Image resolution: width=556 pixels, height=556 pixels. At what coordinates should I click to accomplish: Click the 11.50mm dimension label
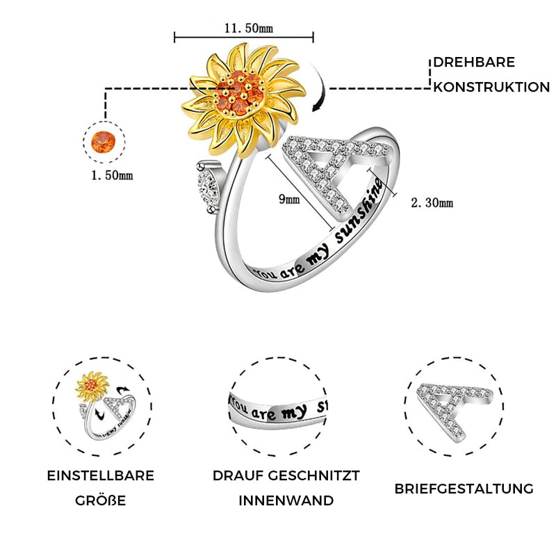click(249, 28)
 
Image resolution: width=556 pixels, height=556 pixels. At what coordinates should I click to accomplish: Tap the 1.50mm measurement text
click(112, 175)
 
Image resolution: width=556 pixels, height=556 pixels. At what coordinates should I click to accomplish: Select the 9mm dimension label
click(289, 199)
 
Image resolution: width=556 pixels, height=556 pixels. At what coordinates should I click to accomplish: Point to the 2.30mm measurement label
click(432, 202)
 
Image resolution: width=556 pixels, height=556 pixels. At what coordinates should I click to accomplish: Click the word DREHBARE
click(474, 63)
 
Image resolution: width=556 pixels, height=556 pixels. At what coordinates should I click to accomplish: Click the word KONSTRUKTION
click(491, 88)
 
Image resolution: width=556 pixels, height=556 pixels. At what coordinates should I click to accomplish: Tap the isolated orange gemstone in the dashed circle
click(103, 142)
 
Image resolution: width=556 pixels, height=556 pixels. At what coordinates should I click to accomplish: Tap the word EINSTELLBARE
click(101, 475)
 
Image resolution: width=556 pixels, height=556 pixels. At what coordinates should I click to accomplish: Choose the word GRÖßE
click(101, 500)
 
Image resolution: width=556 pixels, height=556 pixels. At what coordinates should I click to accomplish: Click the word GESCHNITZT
click(313, 475)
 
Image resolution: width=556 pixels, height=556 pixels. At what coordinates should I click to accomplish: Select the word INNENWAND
click(286, 500)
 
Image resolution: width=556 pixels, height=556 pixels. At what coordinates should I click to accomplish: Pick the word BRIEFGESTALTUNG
click(464, 489)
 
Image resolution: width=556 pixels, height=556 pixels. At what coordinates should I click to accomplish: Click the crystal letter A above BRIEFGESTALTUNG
click(455, 411)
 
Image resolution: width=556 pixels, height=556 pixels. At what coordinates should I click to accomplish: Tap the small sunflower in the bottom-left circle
click(92, 386)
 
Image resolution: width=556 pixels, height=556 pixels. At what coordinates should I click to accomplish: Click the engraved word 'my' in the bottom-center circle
click(294, 412)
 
